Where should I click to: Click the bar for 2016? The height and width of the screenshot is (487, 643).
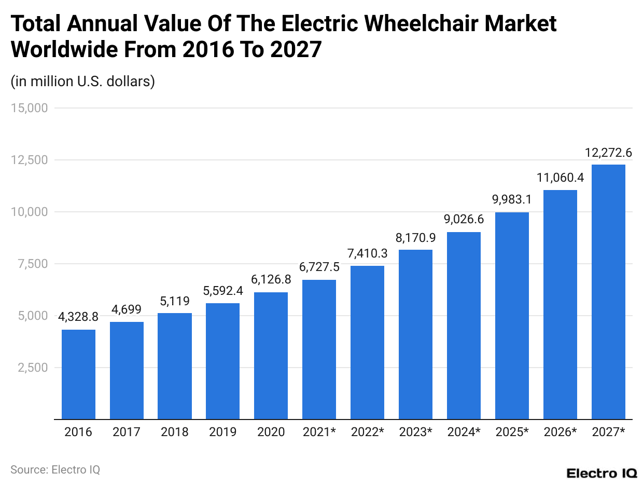[x=78, y=374]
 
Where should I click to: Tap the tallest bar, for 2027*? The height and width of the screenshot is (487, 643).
[x=608, y=291]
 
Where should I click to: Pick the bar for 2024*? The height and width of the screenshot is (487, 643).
[x=464, y=325]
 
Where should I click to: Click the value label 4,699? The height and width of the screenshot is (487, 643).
[x=127, y=310]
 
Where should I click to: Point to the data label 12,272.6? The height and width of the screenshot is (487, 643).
[x=608, y=153]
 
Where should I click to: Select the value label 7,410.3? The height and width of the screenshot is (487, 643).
[x=367, y=254]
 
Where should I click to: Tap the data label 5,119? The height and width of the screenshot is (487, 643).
[x=175, y=301]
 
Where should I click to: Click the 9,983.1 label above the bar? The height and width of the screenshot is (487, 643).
[x=512, y=200]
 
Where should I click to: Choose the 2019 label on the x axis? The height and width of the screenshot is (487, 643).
[x=222, y=432]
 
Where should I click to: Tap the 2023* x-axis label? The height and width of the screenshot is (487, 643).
[x=415, y=432]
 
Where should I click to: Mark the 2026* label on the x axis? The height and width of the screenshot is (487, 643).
[x=560, y=432]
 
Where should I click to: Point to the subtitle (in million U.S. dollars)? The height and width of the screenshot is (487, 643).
[x=83, y=82]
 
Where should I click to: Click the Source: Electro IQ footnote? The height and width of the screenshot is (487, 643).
[x=55, y=469]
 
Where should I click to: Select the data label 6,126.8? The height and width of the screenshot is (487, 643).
[x=271, y=279]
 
